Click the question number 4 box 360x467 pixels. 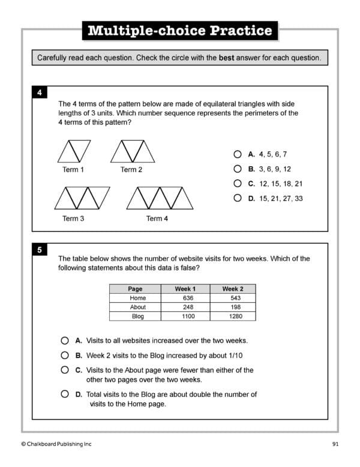click(39, 93)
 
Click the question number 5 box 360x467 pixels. click(39, 251)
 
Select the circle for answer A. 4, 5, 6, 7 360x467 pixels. click(238, 154)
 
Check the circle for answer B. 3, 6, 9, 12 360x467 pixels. click(238, 169)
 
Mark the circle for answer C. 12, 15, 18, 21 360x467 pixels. click(238, 183)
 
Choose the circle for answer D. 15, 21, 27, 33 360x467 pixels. click(238, 198)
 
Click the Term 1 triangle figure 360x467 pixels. click(74, 151)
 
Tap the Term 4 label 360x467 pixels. click(157, 219)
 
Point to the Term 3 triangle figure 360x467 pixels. click(82, 198)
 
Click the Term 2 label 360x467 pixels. click(131, 170)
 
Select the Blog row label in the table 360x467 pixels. click(137, 316)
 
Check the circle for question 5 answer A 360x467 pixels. click(65, 340)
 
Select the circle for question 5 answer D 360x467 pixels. click(65, 394)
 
